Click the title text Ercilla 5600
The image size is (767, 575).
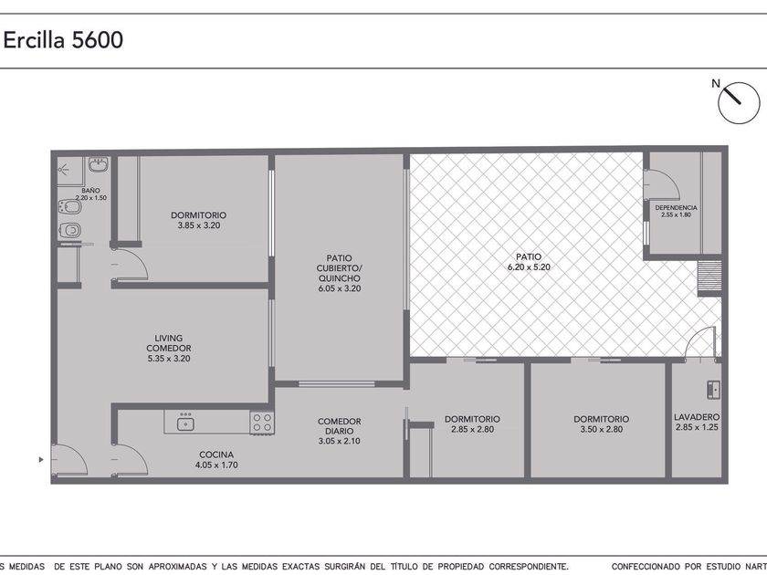click(x=63, y=40)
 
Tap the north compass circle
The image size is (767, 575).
click(x=739, y=102)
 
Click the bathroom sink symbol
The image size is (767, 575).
click(x=99, y=164)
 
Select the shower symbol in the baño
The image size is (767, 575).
click(x=64, y=170)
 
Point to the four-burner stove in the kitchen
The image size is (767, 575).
click(x=262, y=423)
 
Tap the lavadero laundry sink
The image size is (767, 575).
click(x=714, y=390)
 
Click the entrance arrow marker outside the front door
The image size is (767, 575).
click(x=41, y=460)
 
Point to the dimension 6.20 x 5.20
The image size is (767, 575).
click(x=529, y=267)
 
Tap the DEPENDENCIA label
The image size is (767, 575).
click(x=676, y=207)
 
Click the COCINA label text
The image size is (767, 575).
click(x=216, y=455)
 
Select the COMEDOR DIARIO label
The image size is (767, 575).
click(x=340, y=426)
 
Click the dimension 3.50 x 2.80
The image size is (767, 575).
click(x=601, y=429)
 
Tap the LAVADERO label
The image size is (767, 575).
click(x=697, y=417)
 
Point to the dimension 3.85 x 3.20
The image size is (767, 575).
click(x=199, y=225)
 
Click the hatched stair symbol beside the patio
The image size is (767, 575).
click(x=709, y=278)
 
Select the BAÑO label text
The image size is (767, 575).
click(x=90, y=190)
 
